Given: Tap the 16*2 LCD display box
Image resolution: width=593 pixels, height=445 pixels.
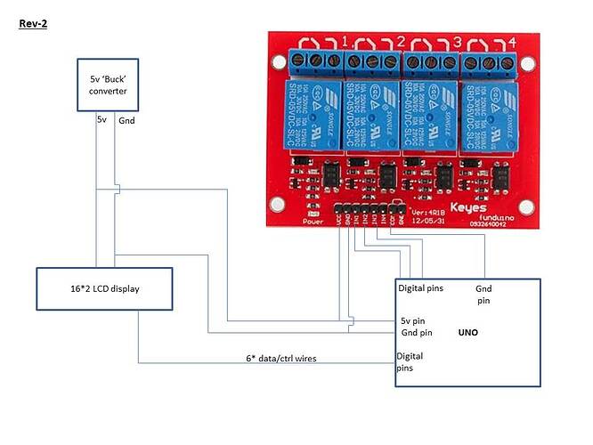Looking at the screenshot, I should pyautogui.click(x=105, y=289).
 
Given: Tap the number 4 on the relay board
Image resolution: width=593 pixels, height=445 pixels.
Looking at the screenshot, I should pyautogui.click(x=511, y=41).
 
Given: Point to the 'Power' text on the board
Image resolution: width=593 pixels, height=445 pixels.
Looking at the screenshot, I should pyautogui.click(x=313, y=222).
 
